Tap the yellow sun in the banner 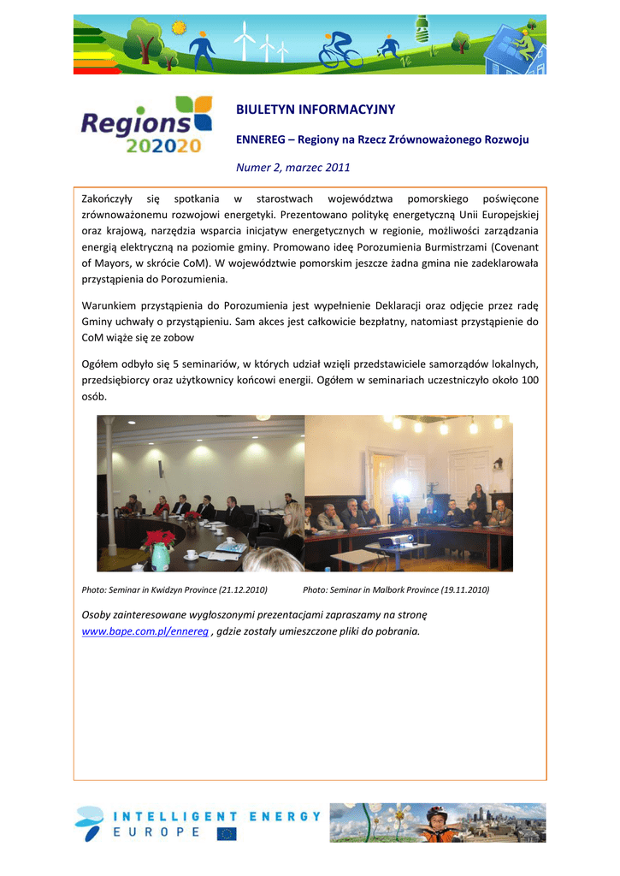click(179, 27)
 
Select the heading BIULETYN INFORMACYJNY click(316, 109)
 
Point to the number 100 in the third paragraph click(530, 379)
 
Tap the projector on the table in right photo click(393, 539)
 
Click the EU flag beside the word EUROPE click(227, 833)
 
